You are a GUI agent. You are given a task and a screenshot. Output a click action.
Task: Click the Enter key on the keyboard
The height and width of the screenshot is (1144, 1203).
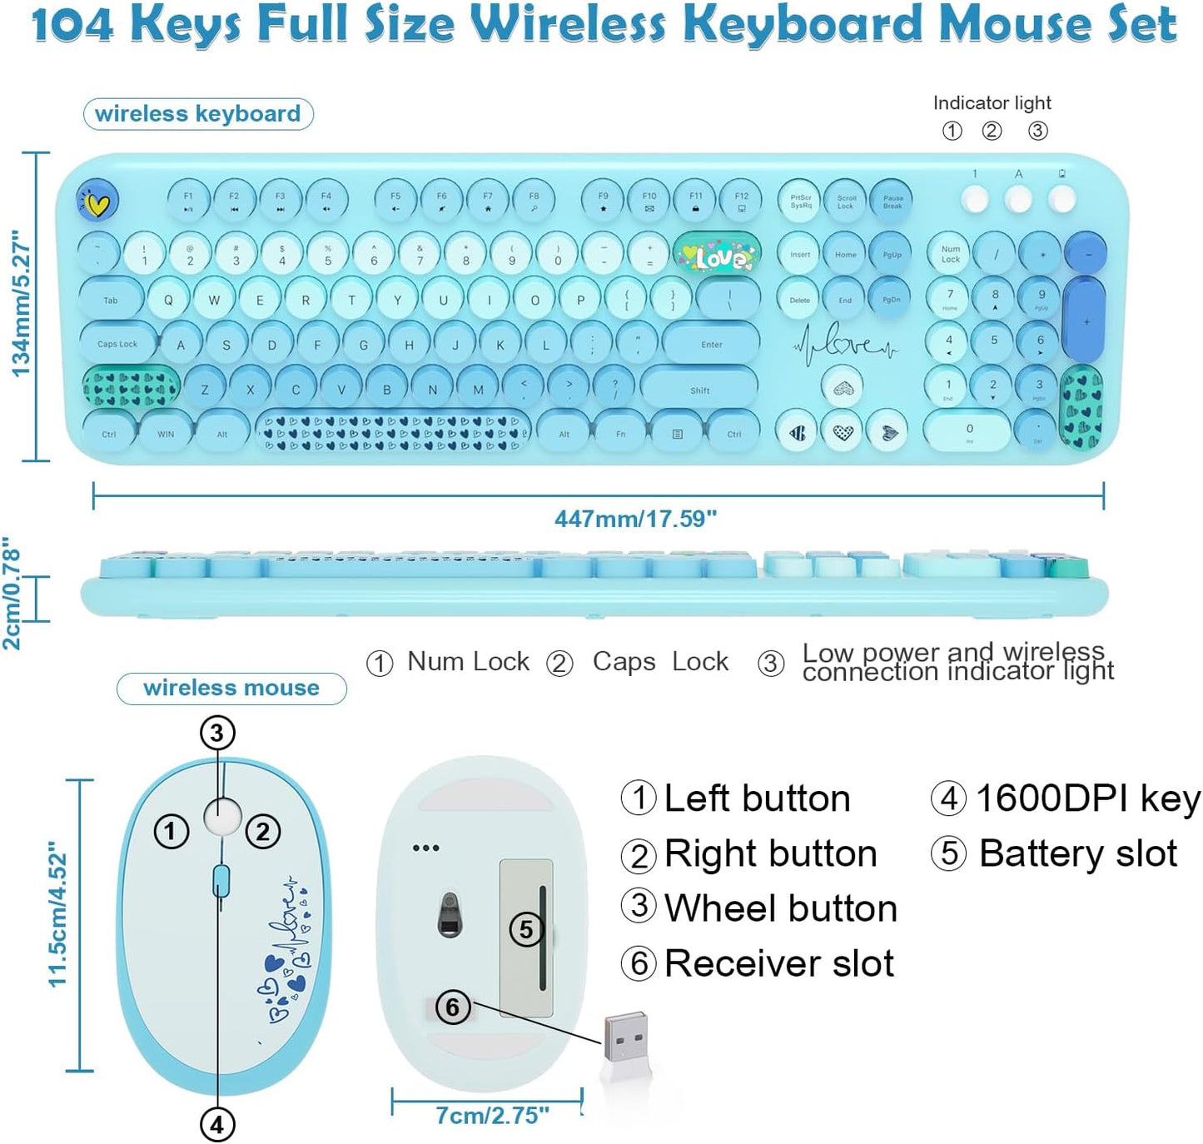coord(711,344)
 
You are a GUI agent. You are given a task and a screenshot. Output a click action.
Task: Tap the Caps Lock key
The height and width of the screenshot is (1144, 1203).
coord(117,343)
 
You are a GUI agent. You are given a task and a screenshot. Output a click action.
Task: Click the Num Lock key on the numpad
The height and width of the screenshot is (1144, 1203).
coord(950,253)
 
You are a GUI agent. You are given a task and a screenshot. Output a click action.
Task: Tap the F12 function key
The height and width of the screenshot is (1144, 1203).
coord(741,201)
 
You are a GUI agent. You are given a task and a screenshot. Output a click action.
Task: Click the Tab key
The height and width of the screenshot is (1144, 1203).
coord(111,300)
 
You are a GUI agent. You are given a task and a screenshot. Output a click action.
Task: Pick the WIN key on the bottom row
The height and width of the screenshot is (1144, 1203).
coord(166,434)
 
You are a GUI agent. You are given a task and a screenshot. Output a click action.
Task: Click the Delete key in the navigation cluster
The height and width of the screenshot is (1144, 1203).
coord(799,299)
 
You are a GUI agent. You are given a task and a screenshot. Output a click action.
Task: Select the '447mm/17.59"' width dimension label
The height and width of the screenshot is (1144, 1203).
coord(635,519)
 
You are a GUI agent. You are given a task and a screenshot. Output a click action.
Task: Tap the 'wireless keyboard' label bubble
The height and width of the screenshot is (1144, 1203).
coord(198,114)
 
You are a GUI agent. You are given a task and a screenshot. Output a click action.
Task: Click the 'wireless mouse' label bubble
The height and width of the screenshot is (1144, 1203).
coord(231,688)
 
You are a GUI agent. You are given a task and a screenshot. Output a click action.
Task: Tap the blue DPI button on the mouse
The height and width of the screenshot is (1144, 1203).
coord(221,881)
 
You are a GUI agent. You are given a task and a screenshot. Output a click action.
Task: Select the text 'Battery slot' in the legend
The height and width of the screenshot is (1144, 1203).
coord(1078,853)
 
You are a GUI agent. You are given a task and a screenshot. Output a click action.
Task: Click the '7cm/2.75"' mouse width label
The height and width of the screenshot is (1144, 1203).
coord(492,1115)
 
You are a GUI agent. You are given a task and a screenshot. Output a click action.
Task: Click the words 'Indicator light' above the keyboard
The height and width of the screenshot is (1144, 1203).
coord(992,103)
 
